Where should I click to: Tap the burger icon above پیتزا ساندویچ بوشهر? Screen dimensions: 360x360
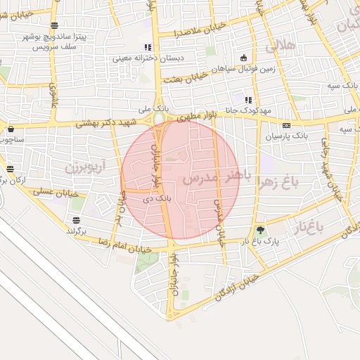coord(55,26)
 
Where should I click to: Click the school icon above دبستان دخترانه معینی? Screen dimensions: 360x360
coord(148,47)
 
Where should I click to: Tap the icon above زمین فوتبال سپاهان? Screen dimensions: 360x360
coord(243,58)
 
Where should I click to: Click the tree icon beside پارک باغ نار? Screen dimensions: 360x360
coord(261,230)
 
